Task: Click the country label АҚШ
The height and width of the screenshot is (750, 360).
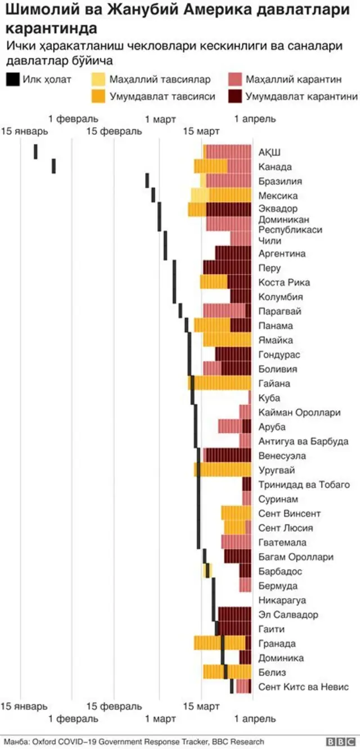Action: (x=269, y=152)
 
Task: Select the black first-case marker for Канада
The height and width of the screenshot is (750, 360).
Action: (x=54, y=166)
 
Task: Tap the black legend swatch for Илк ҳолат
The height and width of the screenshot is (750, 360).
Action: (x=12, y=79)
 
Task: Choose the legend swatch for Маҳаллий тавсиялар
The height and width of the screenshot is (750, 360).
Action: (x=100, y=79)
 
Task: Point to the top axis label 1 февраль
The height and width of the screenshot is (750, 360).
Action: (x=73, y=119)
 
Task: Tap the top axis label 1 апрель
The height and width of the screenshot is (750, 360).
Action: (x=255, y=119)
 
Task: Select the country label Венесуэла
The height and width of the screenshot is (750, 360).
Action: (x=282, y=455)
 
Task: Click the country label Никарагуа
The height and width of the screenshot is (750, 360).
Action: (x=282, y=600)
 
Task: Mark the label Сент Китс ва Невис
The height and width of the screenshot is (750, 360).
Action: (x=304, y=687)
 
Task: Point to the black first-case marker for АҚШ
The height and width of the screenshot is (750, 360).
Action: (x=36, y=152)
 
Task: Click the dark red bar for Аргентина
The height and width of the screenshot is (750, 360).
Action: (x=233, y=253)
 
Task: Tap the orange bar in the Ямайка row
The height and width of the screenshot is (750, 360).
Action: (x=227, y=340)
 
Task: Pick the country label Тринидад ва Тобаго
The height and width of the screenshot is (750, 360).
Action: (x=304, y=485)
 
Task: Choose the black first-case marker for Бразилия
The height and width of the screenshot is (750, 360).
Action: (x=147, y=180)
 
